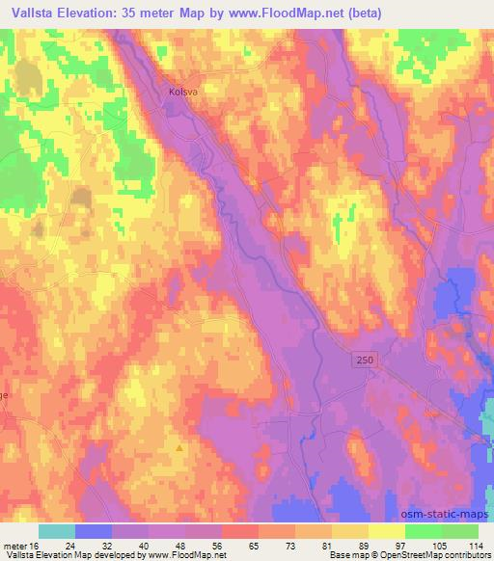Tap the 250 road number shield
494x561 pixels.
[x=360, y=359]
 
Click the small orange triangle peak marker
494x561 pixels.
[x=178, y=447]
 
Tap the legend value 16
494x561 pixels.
[x=39, y=545]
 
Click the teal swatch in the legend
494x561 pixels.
[x=57, y=531]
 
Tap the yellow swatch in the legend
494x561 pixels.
[x=387, y=531]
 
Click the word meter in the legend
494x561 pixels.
[x=16, y=545]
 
